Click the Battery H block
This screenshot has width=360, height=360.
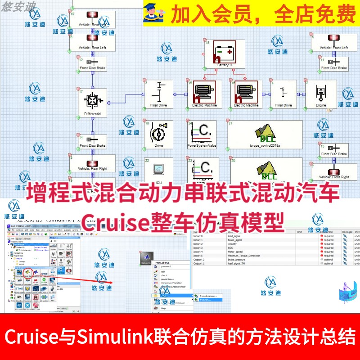point(225,54)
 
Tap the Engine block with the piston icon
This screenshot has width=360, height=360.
point(320,94)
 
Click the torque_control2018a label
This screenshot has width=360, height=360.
point(264,145)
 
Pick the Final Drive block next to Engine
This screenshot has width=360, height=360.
point(283,94)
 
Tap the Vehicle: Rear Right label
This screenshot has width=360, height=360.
point(93,168)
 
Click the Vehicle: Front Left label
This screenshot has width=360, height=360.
point(333,48)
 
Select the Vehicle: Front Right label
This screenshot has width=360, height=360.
point(333,177)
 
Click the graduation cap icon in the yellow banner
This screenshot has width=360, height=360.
point(153,13)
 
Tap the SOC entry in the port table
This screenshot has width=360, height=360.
point(231,248)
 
